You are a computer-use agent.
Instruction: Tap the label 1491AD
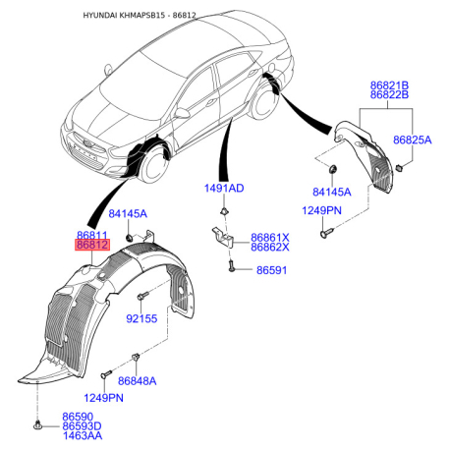point(224,188)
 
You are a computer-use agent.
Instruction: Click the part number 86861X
point(270,237)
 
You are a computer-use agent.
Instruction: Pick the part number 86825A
point(413,141)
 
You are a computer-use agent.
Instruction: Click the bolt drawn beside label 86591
point(230,265)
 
